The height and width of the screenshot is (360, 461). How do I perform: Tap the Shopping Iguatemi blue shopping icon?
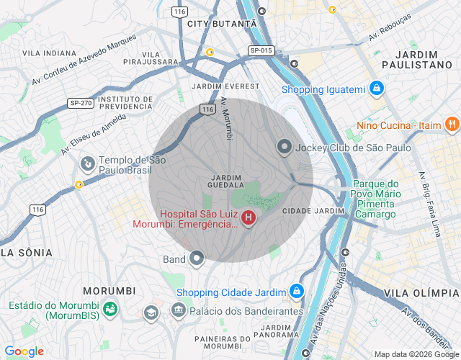tap(375, 89)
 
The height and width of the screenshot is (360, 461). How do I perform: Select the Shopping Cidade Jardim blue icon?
tap(295, 291)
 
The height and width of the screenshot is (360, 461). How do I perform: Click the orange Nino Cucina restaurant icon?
tap(452, 125)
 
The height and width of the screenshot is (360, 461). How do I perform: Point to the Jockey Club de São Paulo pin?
tap(285, 148)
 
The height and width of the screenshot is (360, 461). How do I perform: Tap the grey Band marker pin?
tap(196, 259)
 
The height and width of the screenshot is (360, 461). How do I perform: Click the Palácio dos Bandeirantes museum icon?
tap(178, 310)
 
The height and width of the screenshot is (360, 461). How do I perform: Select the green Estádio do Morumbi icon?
tap(110, 310)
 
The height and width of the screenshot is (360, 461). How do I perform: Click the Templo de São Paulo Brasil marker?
tap(87, 164)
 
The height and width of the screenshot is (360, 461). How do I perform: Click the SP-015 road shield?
tap(261, 50)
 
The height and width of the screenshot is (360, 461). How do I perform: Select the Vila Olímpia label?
tap(421, 293)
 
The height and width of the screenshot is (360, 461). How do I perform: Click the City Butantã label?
tap(221, 24)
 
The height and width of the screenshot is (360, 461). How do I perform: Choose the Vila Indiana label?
tap(49, 53)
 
